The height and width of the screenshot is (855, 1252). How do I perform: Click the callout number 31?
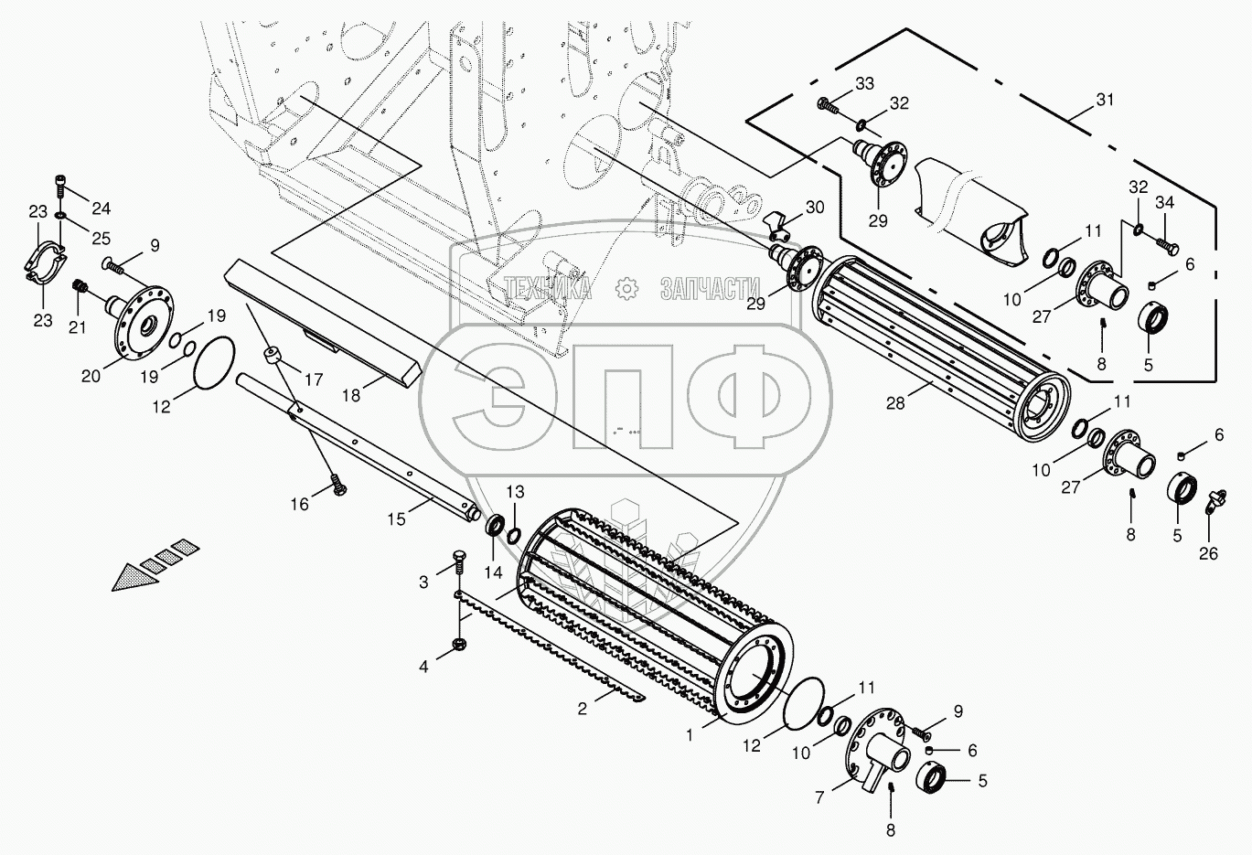click(1105, 100)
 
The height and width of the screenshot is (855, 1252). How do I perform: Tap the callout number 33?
click(864, 84)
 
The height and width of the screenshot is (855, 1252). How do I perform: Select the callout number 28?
click(895, 403)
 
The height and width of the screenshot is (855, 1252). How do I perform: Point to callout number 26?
click(1208, 554)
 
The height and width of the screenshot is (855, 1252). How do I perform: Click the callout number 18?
click(351, 396)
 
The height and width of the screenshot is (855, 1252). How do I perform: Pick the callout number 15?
click(396, 519)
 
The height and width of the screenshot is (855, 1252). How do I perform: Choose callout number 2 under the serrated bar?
click(583, 709)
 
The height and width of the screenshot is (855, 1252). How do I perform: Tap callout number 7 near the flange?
click(819, 797)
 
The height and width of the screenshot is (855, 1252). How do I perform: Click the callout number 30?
click(815, 208)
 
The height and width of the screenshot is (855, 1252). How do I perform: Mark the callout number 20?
click(91, 376)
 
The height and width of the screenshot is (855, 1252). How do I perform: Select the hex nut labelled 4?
click(460, 645)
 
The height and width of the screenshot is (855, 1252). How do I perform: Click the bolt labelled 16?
click(338, 484)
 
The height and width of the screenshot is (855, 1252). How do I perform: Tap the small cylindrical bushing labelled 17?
click(272, 356)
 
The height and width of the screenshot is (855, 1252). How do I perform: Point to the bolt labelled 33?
click(828, 106)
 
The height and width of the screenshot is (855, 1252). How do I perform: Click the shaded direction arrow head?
click(134, 578)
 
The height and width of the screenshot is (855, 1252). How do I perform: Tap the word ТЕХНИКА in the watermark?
click(548, 288)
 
